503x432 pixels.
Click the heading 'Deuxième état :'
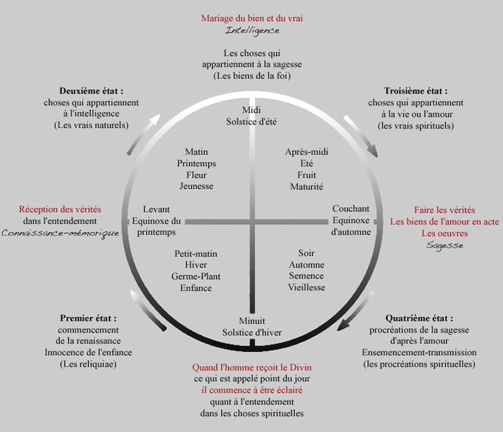[91, 91]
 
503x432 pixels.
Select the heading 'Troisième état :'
[416, 91]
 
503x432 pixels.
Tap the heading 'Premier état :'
[88, 319]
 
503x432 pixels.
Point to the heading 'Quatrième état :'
[419, 319]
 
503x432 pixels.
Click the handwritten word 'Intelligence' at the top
[252, 31]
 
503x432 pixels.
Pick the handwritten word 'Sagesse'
[444, 246]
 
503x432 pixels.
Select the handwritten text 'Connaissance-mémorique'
[60, 233]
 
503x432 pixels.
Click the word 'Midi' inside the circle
[252, 110]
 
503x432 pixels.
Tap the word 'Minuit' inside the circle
[252, 321]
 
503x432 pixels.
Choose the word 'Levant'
[156, 209]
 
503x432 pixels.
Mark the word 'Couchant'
[351, 208]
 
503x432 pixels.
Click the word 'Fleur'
[196, 175]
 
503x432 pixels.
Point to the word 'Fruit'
[307, 175]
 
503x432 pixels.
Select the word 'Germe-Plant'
[196, 276]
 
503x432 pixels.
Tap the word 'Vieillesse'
[306, 287]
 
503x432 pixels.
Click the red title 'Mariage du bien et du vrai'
[252, 18]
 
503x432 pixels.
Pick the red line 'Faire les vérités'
[444, 210]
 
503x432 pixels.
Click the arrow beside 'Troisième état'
[361, 136]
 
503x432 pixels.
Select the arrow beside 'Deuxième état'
[143, 134]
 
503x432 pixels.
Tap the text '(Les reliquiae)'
[88, 364]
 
